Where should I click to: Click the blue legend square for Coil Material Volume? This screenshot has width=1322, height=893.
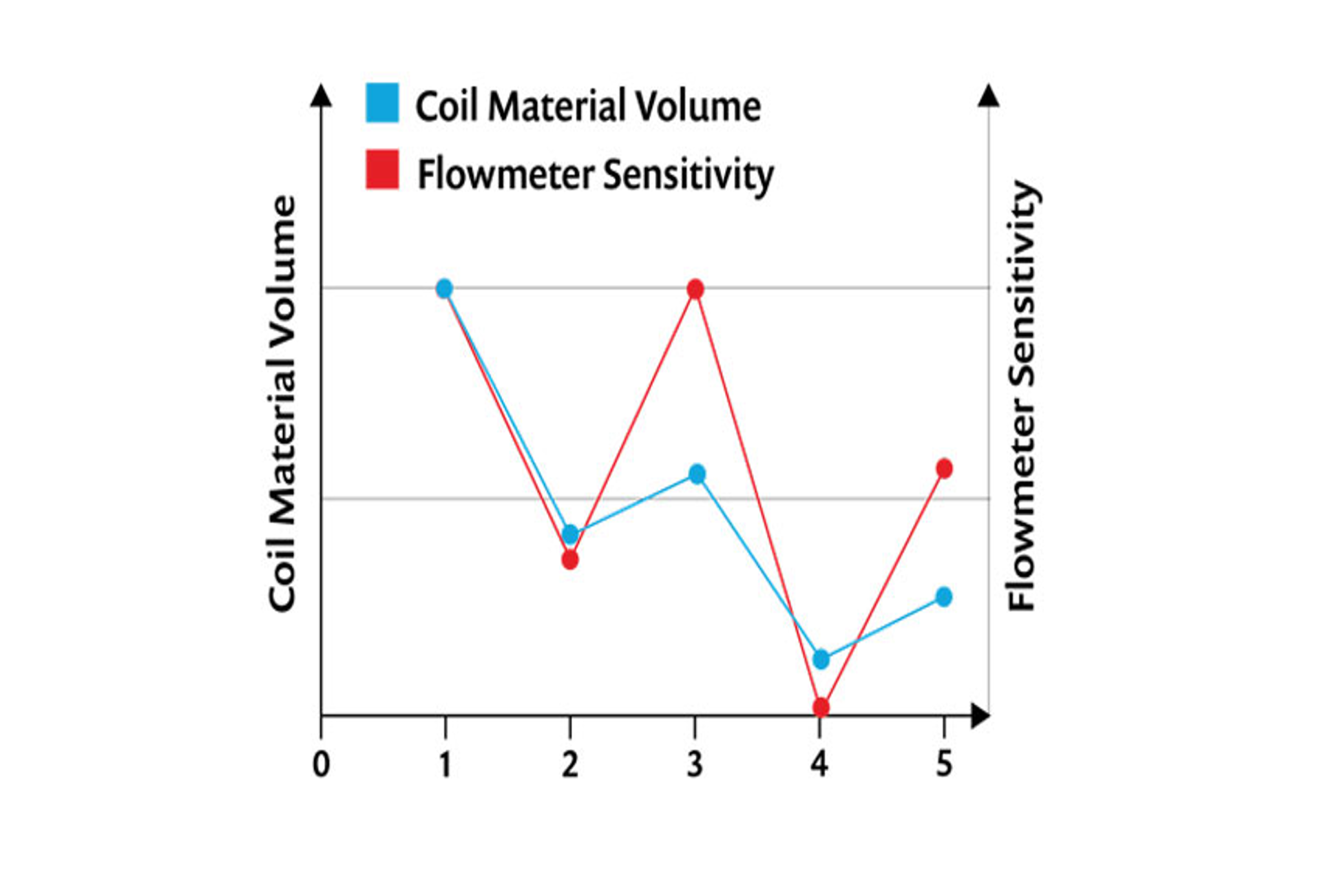coord(381,103)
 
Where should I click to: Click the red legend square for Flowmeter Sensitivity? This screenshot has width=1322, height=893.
coord(382,169)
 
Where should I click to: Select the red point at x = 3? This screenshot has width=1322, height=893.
coord(695,289)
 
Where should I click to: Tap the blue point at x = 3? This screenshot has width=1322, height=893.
coord(697,474)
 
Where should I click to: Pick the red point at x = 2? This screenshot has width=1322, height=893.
coord(570,559)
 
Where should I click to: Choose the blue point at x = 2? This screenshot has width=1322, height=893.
coord(570,534)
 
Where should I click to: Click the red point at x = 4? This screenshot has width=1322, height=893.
coord(821,707)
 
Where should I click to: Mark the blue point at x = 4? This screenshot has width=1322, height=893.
coord(821,659)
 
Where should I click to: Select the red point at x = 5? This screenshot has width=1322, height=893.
coord(945,469)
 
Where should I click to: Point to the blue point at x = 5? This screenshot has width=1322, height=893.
coord(945,596)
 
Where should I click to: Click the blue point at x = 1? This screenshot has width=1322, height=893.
coord(445,288)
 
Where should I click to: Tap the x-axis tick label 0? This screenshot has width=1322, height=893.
coord(321,764)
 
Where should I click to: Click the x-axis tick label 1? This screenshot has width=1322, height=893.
coord(445,764)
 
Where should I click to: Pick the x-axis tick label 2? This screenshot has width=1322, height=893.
coord(570,764)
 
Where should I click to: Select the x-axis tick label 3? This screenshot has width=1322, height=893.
coord(695,764)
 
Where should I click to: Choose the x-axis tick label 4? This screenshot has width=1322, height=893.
coord(819,764)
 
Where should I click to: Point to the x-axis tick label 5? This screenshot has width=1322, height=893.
coord(944,764)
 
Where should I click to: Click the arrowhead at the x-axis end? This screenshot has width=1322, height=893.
coord(980,716)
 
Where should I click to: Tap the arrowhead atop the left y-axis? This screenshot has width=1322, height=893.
coord(321,96)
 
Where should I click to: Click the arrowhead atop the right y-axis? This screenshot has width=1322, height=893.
coord(989,96)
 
